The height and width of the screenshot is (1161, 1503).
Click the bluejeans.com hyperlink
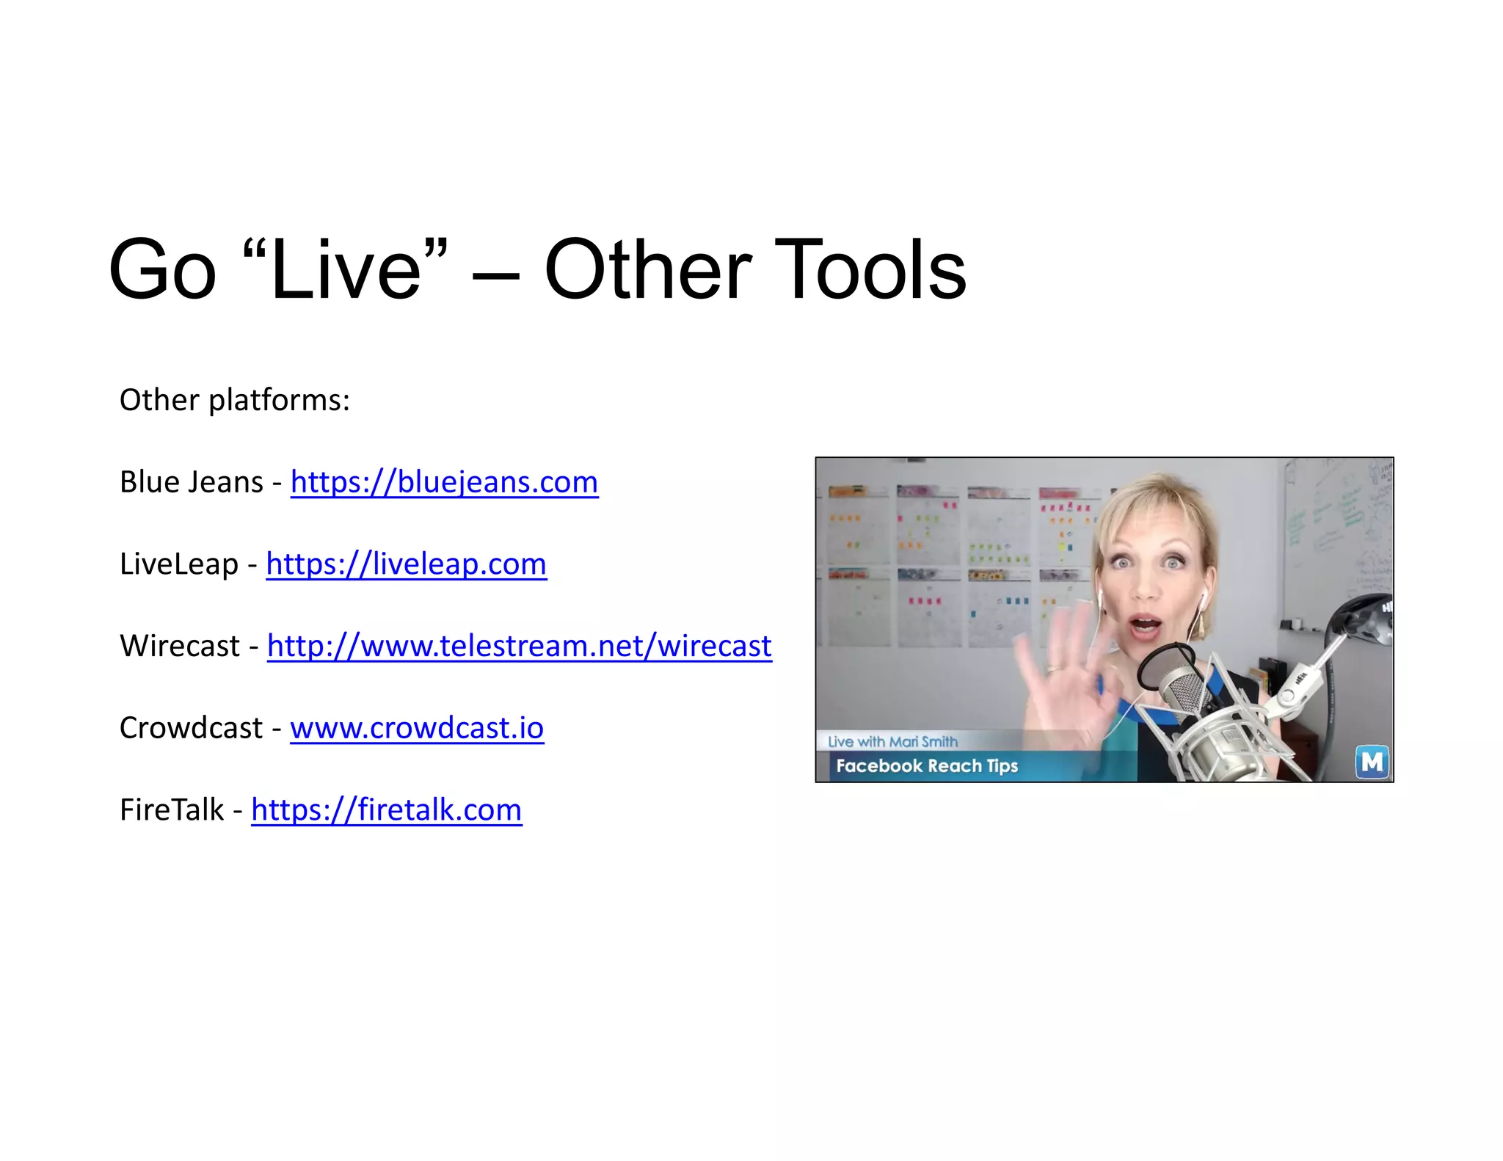(x=444, y=482)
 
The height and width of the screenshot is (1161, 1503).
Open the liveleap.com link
(x=406, y=564)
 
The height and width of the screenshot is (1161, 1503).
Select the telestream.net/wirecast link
(x=519, y=647)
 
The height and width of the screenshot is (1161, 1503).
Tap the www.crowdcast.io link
(x=417, y=728)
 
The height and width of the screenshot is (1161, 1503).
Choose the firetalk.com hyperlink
(x=386, y=810)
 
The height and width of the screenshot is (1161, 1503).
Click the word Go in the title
(x=162, y=270)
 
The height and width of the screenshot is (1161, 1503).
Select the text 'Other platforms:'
(x=235, y=401)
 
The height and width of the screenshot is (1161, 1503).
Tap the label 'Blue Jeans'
(x=191, y=482)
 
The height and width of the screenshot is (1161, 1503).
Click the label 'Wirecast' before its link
(x=180, y=647)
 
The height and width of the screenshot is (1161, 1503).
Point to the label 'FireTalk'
(x=172, y=810)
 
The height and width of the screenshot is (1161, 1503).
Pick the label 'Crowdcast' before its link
(x=191, y=728)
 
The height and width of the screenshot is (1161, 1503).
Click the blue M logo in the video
(x=1371, y=763)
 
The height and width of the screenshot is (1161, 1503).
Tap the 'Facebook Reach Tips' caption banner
(x=927, y=766)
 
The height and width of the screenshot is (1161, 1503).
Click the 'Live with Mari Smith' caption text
(x=892, y=742)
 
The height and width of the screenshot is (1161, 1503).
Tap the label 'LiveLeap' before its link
(x=178, y=564)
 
